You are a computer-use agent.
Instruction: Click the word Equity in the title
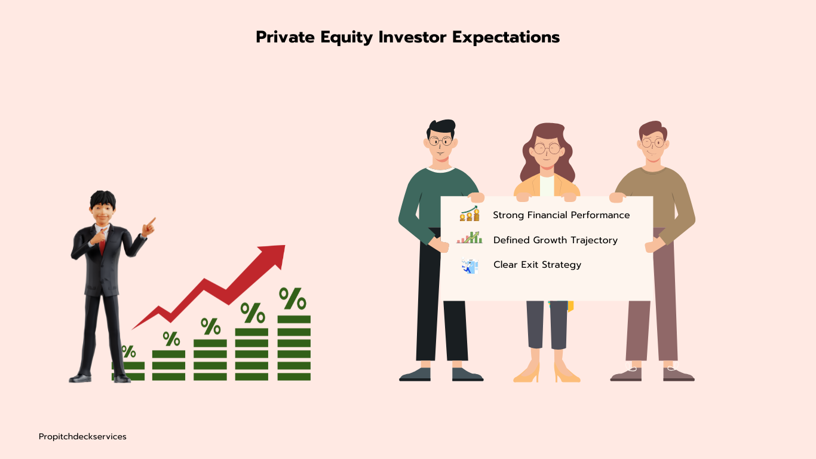[346, 38]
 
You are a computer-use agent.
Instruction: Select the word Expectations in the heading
[506, 38]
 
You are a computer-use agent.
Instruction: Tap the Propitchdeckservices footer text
[82, 437]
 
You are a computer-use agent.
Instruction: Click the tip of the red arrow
[285, 246]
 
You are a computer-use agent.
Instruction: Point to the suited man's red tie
[102, 243]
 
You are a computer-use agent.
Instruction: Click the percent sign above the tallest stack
[293, 299]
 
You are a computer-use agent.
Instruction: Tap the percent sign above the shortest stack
[128, 351]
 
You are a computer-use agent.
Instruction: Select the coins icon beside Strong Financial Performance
[470, 213]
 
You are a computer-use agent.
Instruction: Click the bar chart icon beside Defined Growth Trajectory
[470, 238]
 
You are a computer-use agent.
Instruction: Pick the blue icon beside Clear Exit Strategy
[470, 266]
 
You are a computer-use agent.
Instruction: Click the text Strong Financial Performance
[561, 215]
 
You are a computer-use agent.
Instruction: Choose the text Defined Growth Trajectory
[556, 240]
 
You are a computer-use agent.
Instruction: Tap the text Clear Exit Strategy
[537, 265]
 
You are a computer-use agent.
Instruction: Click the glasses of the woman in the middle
[547, 149]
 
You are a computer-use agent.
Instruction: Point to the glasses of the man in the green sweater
[440, 141]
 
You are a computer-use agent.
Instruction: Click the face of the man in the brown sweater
[653, 146]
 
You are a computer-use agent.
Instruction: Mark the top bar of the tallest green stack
[294, 319]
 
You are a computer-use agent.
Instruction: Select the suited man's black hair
[103, 198]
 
